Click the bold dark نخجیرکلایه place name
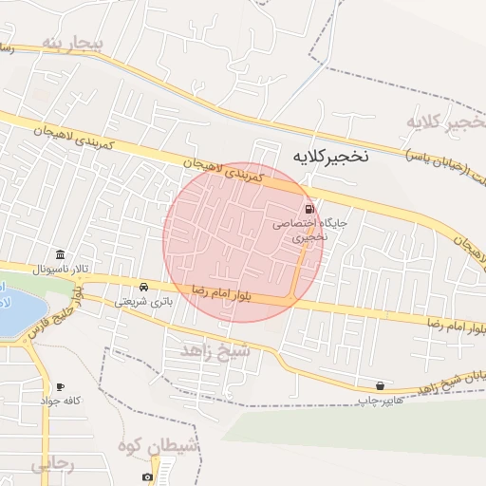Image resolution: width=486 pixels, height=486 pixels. coord(329,154)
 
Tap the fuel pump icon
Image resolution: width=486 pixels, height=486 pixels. coord(309,209)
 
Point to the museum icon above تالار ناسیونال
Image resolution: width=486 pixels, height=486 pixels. coord(62,255)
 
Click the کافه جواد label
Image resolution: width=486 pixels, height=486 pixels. coord(59,401)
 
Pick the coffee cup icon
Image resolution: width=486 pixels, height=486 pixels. coord(60,386)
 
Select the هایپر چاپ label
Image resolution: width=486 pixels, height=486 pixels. coord(376,402)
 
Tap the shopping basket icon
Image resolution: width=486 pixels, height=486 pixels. coord(381,386)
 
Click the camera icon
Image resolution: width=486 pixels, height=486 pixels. coord(147,477)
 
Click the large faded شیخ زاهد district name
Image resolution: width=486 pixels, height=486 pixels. coord(219,351)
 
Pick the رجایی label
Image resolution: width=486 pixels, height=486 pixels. coord(52,465)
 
